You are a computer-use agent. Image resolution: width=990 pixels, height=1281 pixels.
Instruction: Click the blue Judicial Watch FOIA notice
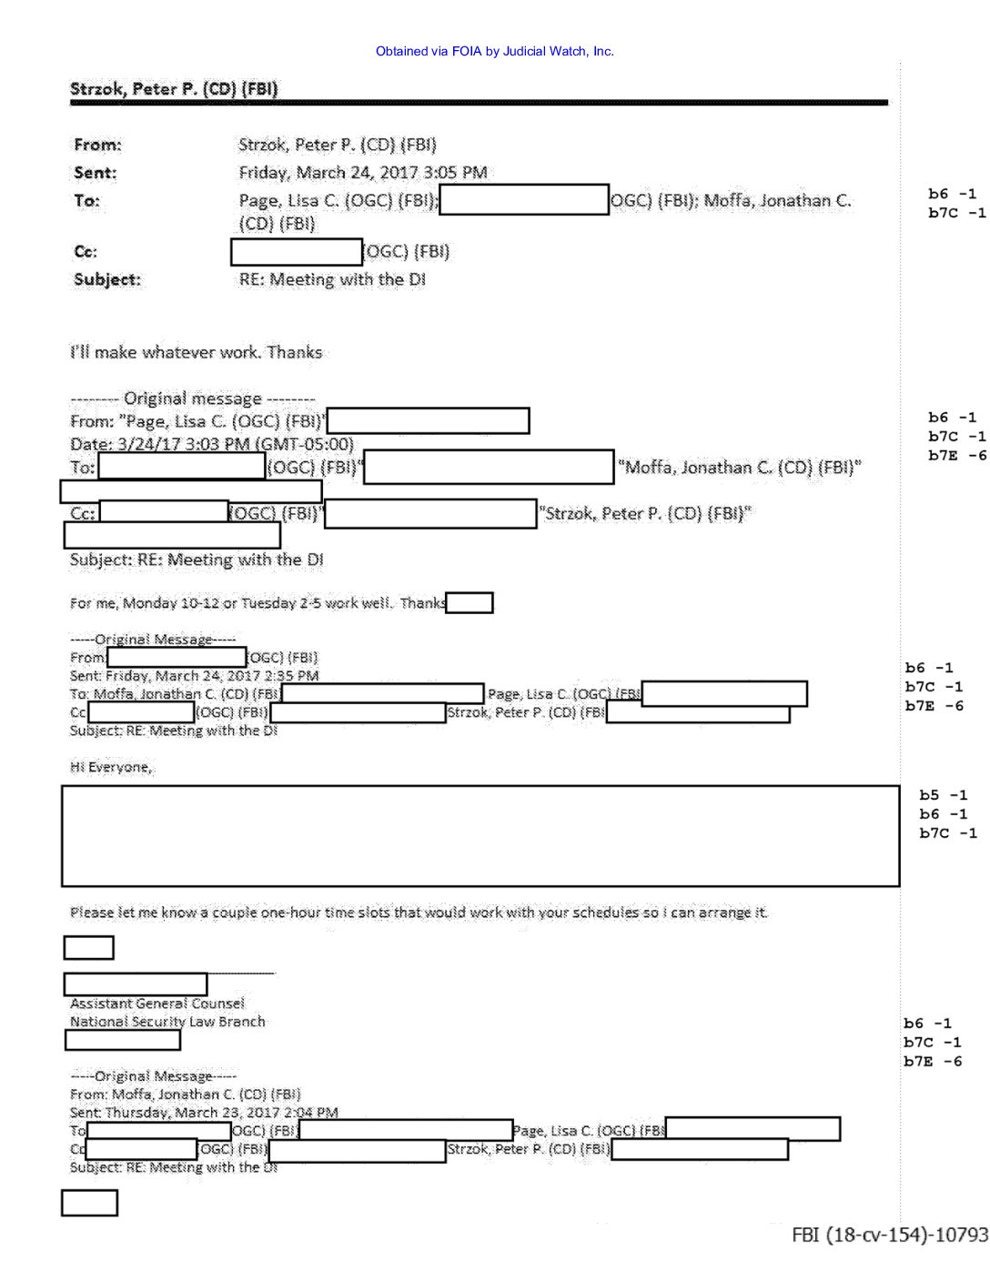[494, 52]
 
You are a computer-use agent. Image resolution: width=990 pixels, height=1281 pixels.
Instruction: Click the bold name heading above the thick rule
[174, 88]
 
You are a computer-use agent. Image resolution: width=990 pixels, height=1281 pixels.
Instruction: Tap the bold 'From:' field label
[97, 145]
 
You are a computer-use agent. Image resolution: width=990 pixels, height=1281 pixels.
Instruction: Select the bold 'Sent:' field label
[96, 173]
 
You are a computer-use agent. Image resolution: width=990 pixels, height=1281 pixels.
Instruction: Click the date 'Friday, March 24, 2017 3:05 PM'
[363, 173]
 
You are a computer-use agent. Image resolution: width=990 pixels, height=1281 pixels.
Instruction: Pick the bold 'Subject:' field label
[107, 279]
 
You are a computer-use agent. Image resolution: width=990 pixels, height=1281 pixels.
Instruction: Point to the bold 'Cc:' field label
[86, 252]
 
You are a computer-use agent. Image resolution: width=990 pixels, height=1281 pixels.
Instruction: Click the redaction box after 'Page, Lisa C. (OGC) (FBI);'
[524, 200]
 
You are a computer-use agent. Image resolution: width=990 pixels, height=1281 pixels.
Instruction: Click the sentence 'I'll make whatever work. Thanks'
[197, 352]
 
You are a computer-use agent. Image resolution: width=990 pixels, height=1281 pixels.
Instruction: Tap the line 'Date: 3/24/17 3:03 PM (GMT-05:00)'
[212, 444]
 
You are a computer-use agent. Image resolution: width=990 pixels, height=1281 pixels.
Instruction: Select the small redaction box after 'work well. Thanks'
[470, 602]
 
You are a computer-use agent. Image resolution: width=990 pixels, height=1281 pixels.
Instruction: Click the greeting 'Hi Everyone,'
[111, 767]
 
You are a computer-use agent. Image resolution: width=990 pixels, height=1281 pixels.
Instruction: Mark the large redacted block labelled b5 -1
[480, 835]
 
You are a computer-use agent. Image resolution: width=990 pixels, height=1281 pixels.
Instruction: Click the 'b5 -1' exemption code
[943, 795]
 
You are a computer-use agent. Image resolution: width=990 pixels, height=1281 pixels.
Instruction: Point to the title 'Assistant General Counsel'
[157, 1004]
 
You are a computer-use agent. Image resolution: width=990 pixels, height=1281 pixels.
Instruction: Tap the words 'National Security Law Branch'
[167, 1022]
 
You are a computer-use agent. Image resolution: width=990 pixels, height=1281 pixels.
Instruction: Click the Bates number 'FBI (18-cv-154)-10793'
[889, 1235]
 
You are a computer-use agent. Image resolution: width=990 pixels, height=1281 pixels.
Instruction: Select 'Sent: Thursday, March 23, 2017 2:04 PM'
[204, 1112]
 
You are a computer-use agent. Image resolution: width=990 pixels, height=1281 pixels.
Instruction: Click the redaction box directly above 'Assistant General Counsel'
[136, 984]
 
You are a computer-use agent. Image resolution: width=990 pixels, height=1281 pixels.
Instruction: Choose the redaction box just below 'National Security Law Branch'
[123, 1040]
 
